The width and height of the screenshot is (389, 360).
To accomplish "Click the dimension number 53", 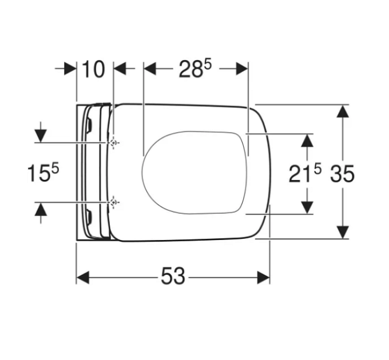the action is click(x=173, y=275).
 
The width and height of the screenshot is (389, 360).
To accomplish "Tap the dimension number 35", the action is click(x=342, y=174).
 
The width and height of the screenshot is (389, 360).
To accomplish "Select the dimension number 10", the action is click(x=93, y=69).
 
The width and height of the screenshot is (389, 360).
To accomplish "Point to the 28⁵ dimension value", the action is click(x=195, y=69).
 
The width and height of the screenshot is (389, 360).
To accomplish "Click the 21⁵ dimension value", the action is click(x=305, y=174).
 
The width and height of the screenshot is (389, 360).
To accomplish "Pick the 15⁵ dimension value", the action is click(x=43, y=173).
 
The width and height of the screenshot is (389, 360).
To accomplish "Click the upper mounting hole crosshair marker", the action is click(x=114, y=143).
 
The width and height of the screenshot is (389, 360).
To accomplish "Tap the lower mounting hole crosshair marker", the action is click(x=114, y=202).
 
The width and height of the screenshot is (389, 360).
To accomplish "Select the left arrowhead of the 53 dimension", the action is click(x=82, y=278).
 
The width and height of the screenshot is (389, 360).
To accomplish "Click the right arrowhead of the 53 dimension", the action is click(x=264, y=278).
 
